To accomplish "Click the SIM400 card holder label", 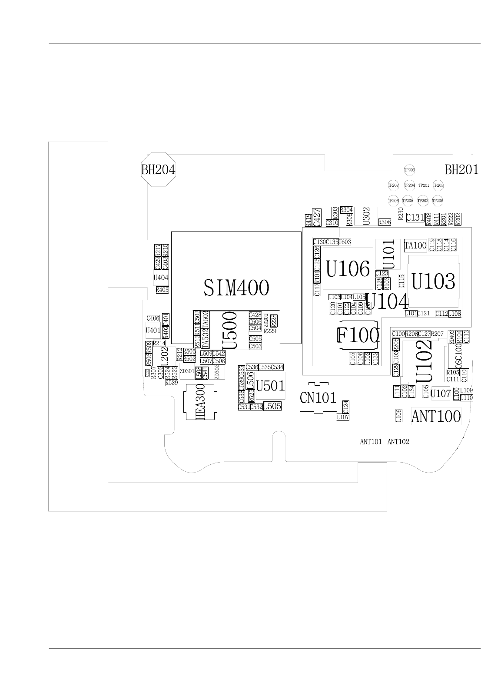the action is [236, 288].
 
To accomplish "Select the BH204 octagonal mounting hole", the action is [158, 169].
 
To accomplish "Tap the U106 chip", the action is [348, 269].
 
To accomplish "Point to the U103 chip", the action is [433, 281].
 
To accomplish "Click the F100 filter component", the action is [358, 335].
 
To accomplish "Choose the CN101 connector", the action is [318, 397].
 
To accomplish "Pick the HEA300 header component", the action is [200, 402].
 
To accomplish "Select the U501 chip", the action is [270, 385].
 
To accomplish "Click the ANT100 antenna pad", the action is [436, 417].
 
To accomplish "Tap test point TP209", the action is [409, 170].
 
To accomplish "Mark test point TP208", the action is [438, 201].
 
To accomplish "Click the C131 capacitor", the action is [415, 218].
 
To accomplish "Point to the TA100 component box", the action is [415, 245].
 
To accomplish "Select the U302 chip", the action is [366, 216].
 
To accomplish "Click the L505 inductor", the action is [272, 406].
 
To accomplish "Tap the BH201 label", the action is [461, 169].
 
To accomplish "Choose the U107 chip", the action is [440, 394].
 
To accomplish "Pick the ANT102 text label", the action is [398, 442].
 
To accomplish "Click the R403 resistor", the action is [162, 290].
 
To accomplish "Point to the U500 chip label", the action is [229, 331].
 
